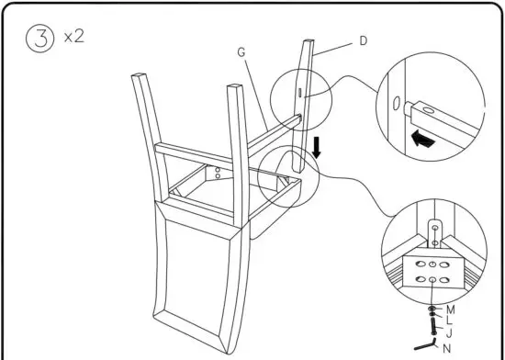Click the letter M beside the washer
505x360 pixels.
tap(450, 309)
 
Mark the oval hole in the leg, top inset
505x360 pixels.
tap(396, 102)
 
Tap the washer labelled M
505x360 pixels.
tap(433, 309)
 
